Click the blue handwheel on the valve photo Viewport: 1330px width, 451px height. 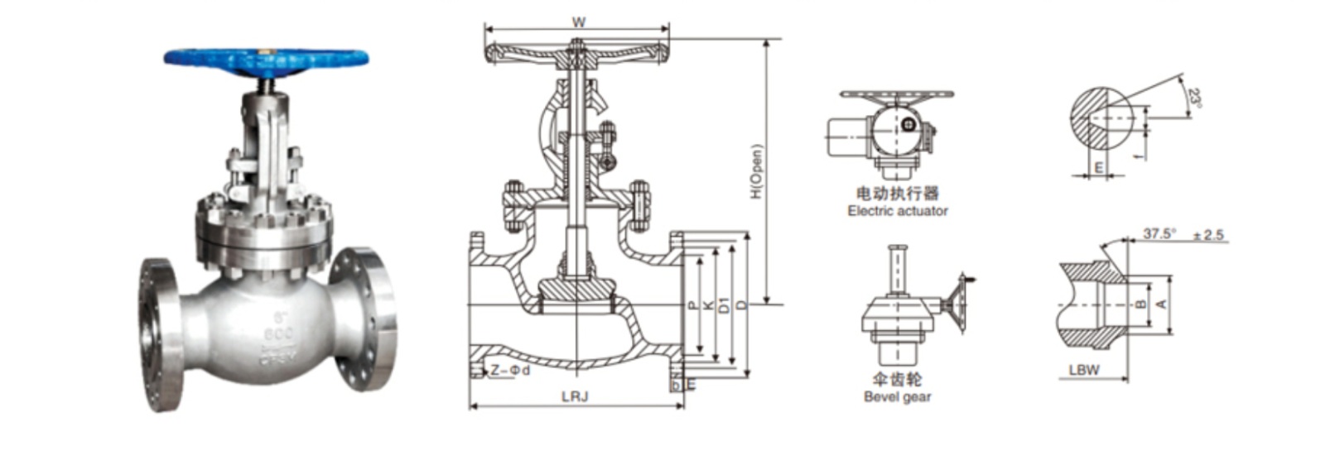266,60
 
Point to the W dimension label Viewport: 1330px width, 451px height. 578,22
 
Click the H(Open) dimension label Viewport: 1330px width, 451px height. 755,172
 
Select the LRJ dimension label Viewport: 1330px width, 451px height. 575,396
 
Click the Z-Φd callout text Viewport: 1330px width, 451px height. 508,371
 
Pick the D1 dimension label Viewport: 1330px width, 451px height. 725,305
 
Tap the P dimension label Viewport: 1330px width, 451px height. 692,305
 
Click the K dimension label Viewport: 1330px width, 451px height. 708,305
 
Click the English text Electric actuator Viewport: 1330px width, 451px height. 898,211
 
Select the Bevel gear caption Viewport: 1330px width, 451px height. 897,396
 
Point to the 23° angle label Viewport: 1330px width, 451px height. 1193,98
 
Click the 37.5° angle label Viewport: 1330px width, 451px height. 1159,234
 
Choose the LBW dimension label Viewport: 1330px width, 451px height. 1083,370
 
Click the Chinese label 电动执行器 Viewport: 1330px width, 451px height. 898,194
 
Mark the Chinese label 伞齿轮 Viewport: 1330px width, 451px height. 897,379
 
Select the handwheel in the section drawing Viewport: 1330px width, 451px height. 576,54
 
